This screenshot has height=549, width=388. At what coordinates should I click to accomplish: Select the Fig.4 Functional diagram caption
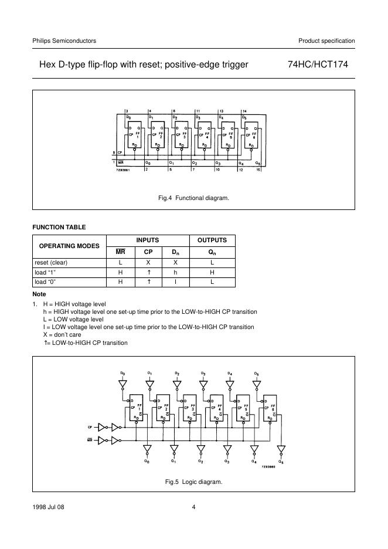[x=193, y=198]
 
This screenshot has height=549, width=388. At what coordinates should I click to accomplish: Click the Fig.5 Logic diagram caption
[x=193, y=482]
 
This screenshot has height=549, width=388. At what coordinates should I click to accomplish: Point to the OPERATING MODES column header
[x=69, y=246]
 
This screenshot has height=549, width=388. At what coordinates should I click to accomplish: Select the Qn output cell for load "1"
[x=212, y=272]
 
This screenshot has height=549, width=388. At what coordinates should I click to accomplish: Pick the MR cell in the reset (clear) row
[x=121, y=263]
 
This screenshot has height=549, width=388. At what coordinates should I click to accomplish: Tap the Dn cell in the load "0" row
[x=175, y=282]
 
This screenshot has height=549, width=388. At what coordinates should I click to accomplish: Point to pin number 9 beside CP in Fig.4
[x=114, y=154]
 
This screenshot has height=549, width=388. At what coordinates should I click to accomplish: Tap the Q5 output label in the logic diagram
[x=281, y=462]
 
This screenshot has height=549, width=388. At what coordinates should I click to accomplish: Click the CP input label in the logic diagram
[x=90, y=426]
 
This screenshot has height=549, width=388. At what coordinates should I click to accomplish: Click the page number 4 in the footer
[x=193, y=507]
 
